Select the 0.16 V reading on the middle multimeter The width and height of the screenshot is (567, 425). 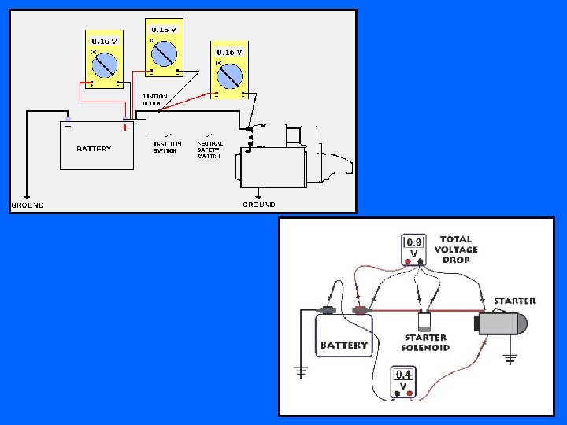click(164, 30)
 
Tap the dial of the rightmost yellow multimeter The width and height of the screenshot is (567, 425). click(229, 76)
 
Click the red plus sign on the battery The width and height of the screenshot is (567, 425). click(124, 127)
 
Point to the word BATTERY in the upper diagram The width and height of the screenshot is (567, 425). click(94, 148)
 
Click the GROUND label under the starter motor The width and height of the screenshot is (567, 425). click(259, 205)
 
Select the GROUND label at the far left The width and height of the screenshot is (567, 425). click(27, 205)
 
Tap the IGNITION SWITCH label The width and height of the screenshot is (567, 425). click(167, 147)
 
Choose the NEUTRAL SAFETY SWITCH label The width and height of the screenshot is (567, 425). click(209, 150)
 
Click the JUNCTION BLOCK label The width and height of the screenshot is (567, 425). click(154, 99)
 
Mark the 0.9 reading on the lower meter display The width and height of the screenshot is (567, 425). click(414, 242)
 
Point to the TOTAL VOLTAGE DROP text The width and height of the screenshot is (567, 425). click(456, 249)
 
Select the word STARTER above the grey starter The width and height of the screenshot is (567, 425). click(514, 301)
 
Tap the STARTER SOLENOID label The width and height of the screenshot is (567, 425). click(425, 342)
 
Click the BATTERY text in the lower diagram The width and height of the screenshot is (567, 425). click(343, 345)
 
